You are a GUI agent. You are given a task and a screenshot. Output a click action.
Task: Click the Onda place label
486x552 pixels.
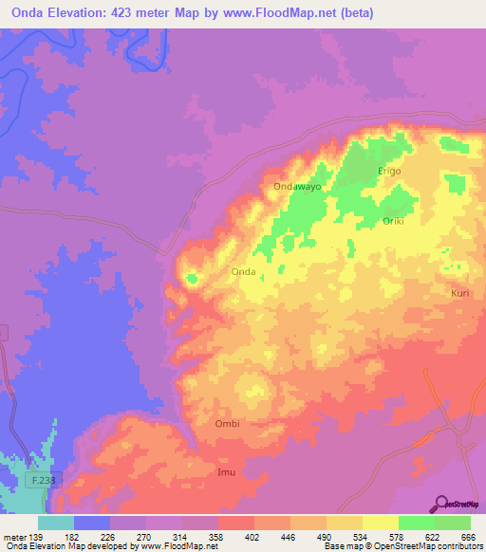[244, 272]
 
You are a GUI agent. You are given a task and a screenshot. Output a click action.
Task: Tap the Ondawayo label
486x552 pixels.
[297, 188]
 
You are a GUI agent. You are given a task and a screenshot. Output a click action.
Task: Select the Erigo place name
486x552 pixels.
[390, 171]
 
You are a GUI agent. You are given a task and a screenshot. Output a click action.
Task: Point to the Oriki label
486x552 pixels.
[393, 221]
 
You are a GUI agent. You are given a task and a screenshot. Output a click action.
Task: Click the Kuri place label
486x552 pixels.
[459, 294]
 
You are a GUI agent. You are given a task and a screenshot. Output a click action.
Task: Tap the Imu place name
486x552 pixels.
[226, 471]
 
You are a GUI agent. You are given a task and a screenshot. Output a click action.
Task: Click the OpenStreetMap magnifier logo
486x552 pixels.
[443, 504]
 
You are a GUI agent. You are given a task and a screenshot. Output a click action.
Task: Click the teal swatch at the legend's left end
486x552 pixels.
[56, 523]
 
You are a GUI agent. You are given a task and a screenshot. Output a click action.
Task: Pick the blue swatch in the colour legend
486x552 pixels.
[92, 523]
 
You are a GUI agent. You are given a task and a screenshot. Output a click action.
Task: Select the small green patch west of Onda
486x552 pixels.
[192, 279]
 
